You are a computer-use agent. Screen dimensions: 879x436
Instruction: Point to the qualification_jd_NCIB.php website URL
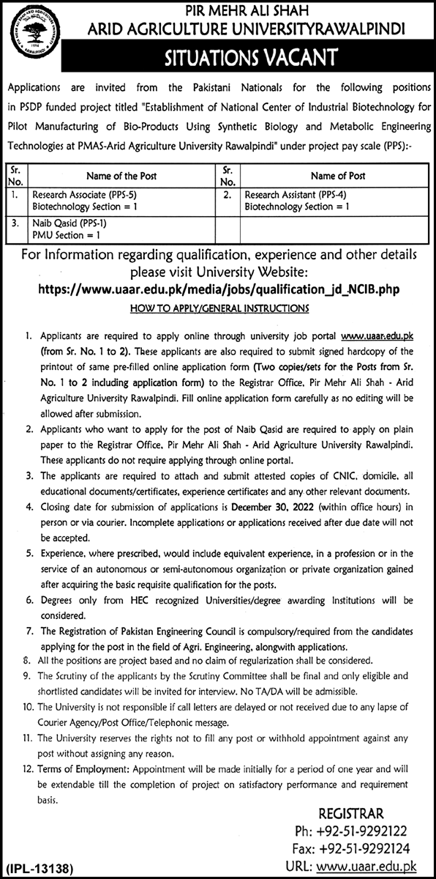(219, 290)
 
